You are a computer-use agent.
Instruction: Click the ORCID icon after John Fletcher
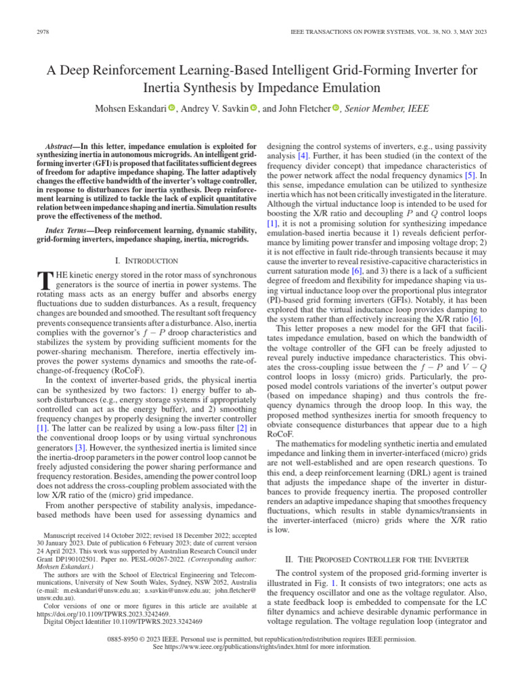(335, 108)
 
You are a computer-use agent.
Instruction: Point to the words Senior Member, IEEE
(387, 108)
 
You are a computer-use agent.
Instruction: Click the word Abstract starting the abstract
(60, 146)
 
